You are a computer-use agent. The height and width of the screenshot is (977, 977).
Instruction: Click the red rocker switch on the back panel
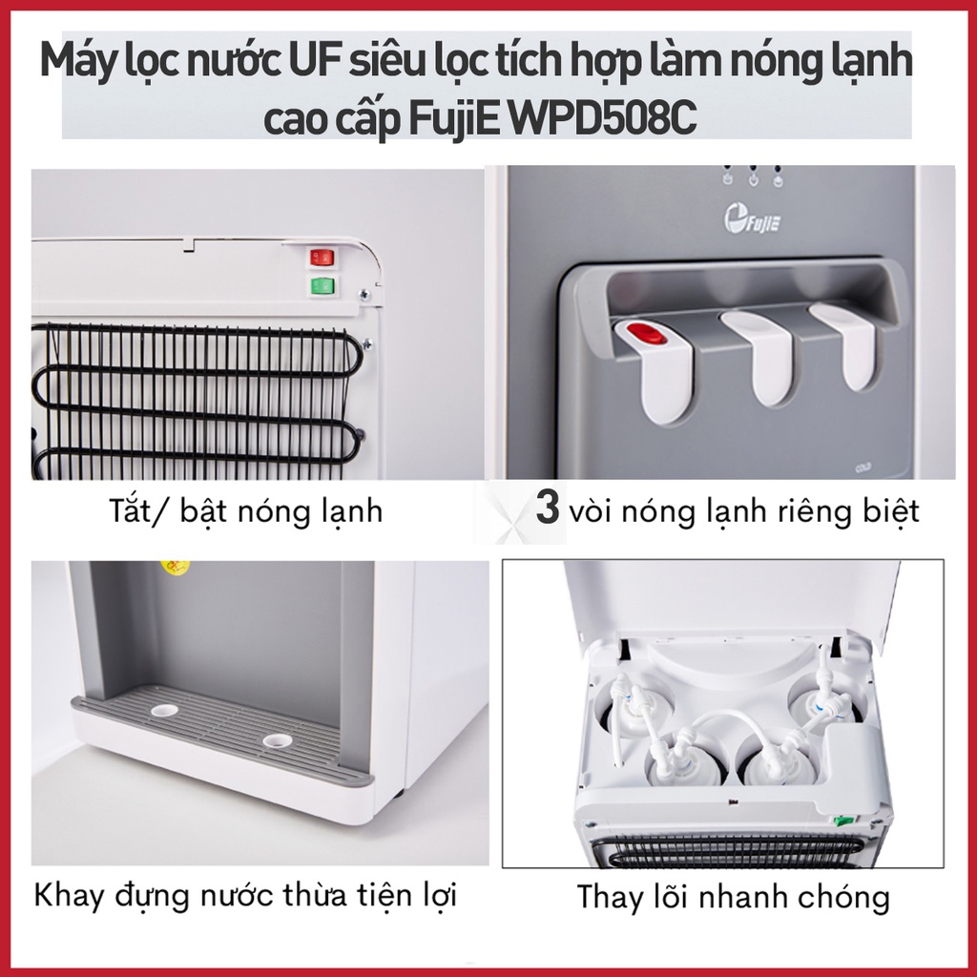click(x=322, y=258)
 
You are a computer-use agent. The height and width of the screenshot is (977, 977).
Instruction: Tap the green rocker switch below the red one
click(x=322, y=286)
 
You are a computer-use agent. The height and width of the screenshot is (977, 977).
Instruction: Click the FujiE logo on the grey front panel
click(x=752, y=219)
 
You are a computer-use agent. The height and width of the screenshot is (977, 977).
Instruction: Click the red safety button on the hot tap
click(x=647, y=333)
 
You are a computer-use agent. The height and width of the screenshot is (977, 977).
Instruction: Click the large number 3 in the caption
click(x=547, y=508)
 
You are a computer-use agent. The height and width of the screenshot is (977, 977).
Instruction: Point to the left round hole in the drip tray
click(x=165, y=710)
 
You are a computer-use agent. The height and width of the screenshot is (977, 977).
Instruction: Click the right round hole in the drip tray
click(x=278, y=740)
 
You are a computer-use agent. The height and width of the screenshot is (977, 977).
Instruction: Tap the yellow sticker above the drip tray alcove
click(x=176, y=567)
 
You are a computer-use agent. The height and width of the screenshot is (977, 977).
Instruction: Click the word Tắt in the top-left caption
click(x=131, y=511)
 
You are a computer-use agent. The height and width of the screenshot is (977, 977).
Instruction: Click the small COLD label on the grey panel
click(x=863, y=468)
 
